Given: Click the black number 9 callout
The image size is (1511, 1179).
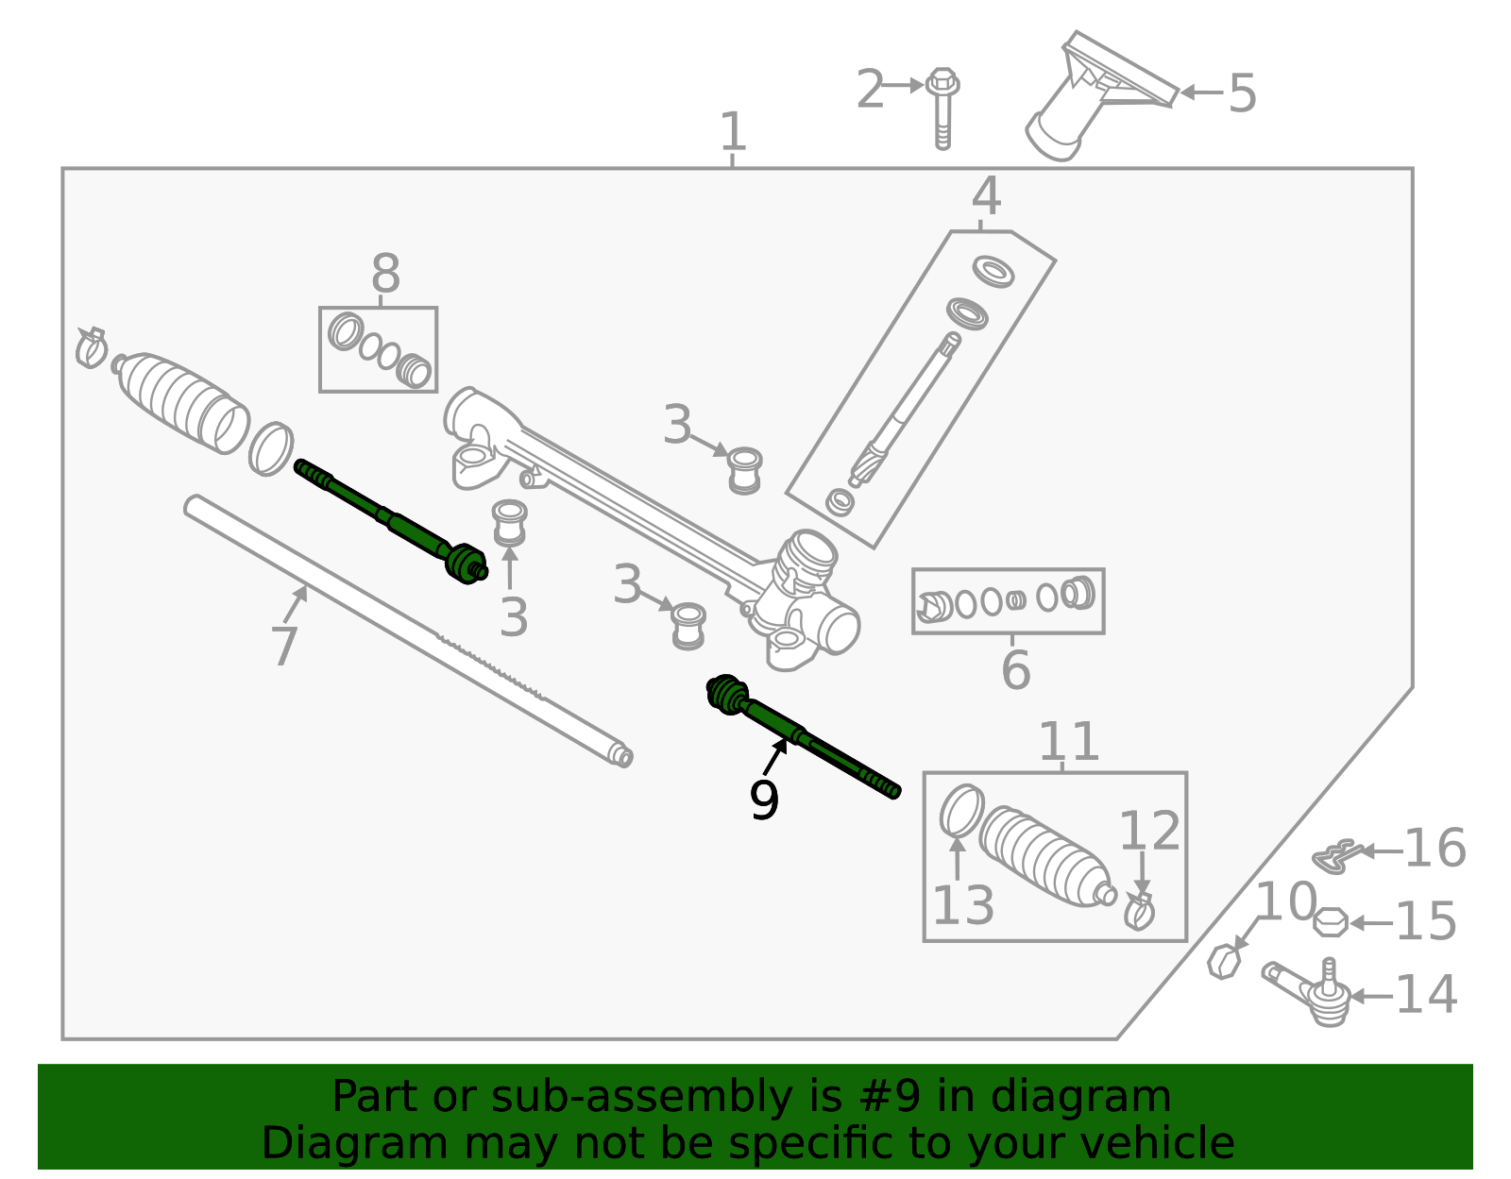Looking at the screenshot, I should point(764,800).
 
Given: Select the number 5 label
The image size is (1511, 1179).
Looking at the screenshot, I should point(1242,93).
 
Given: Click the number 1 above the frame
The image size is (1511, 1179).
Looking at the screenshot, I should point(733,132).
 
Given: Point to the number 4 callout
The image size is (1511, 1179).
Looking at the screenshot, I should point(986,196).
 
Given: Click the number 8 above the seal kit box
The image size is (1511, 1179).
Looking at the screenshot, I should point(385,275).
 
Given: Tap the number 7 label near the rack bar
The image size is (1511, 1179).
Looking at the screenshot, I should point(284,648).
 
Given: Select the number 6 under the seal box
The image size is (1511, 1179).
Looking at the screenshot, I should point(1015,670).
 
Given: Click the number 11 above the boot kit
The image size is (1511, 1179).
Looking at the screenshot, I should point(1068,742).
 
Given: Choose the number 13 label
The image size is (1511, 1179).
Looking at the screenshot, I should point(963,905).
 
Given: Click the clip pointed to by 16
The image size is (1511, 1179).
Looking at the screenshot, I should point(1335,855).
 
